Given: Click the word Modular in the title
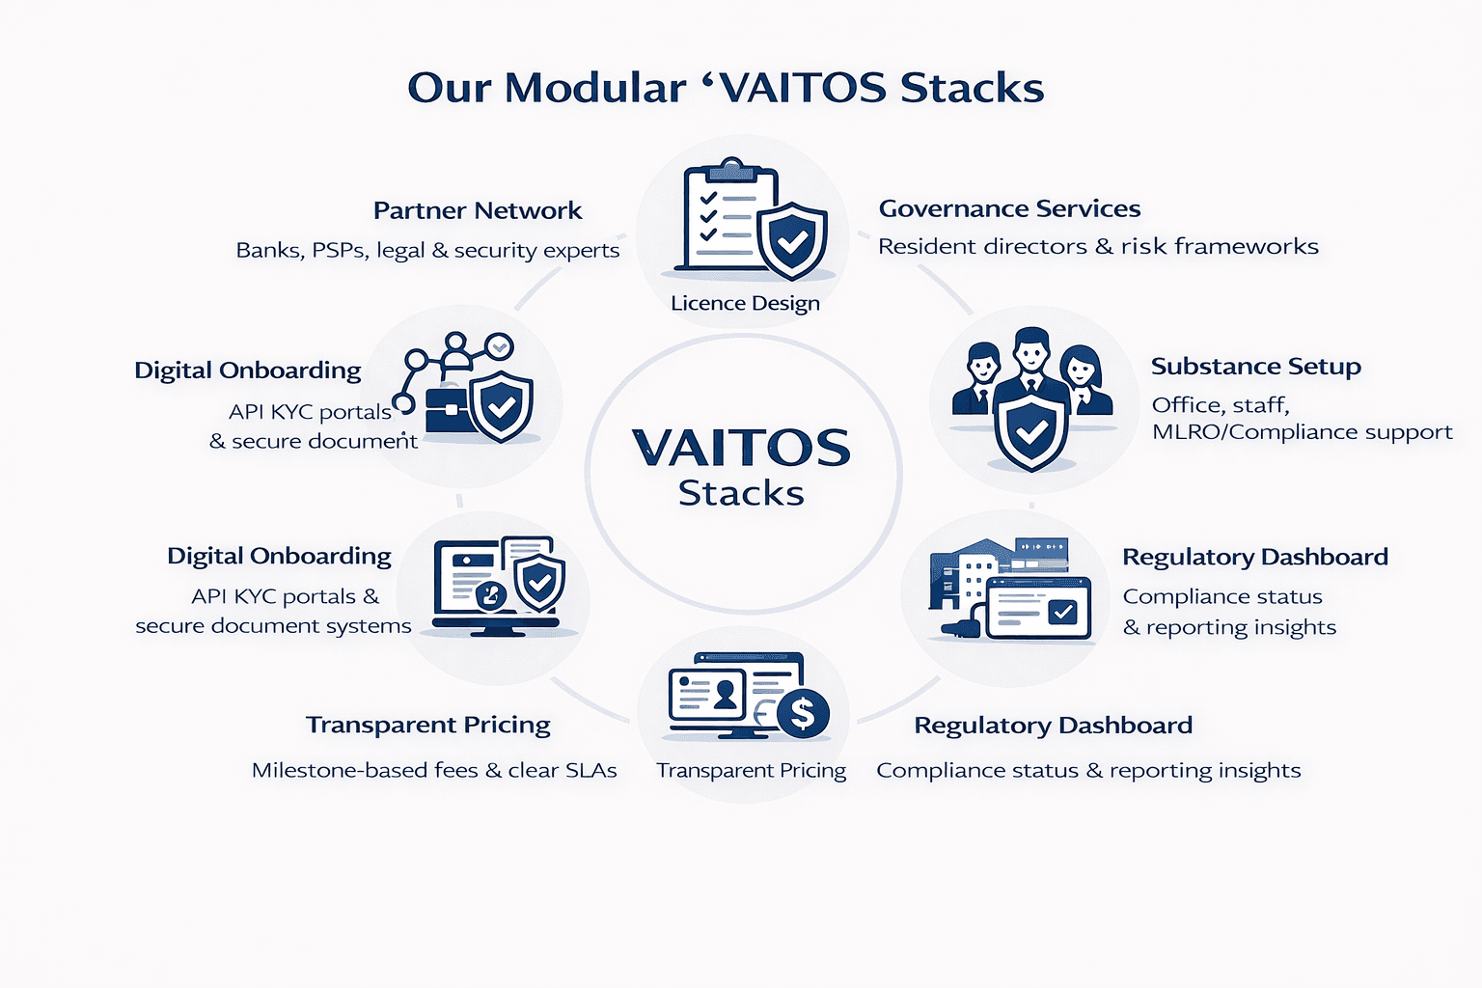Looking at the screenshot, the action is click(595, 88).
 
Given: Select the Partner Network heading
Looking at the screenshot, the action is click(478, 210).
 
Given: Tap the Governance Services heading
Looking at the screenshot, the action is click(1009, 209).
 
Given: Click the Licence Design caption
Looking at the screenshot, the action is click(745, 303).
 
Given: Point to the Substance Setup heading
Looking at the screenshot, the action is click(1255, 366).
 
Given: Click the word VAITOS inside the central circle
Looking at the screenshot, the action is click(741, 448).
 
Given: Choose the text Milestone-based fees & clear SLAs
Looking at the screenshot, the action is click(434, 770).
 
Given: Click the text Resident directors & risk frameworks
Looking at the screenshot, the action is click(1098, 247).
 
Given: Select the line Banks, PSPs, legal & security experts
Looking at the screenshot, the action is click(427, 250).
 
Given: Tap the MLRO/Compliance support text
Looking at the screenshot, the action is click(1302, 432).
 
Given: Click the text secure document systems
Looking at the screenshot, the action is click(273, 626).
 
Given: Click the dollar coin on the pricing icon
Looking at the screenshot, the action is click(803, 713).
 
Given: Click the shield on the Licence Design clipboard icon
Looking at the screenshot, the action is click(791, 241).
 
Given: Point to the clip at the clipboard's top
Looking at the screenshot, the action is click(731, 170).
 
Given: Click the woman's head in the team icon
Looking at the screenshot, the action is click(1081, 366).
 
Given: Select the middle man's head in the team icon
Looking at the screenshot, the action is click(1030, 350).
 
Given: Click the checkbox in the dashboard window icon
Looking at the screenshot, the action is click(1063, 612).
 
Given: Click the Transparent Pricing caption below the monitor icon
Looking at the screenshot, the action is click(751, 770).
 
